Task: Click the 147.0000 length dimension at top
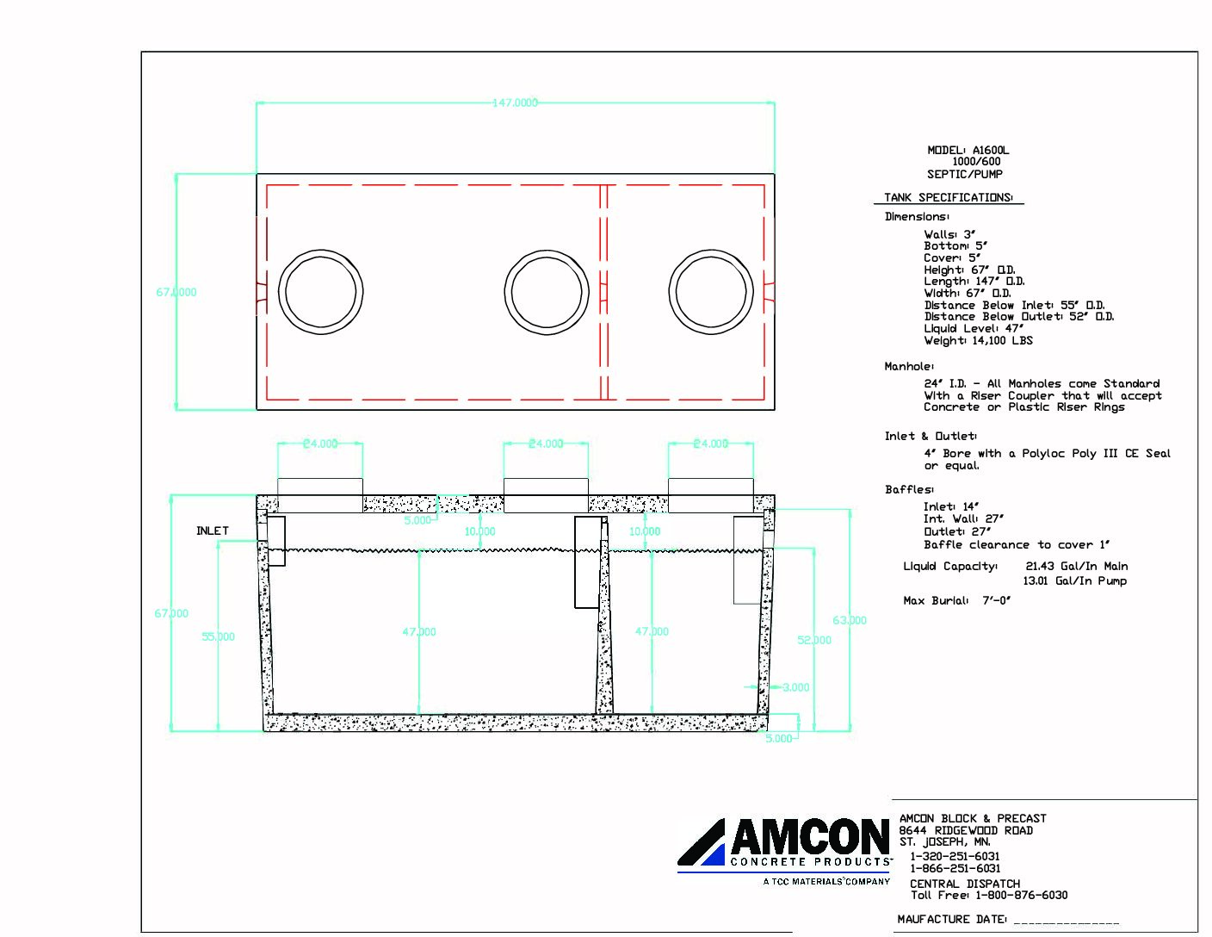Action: (x=515, y=102)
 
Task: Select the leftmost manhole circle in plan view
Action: (x=320, y=292)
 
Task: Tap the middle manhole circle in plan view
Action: (x=547, y=292)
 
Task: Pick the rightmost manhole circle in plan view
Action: (x=711, y=292)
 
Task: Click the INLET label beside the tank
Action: (x=213, y=531)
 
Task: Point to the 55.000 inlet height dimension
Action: (x=218, y=636)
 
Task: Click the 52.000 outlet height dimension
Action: (x=814, y=640)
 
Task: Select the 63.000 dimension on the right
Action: (x=850, y=620)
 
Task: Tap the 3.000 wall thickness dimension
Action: (x=795, y=687)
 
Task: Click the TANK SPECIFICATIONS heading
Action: (x=949, y=197)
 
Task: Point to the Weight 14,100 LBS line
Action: (x=978, y=340)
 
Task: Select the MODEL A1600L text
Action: (x=968, y=150)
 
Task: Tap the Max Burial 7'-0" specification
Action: (x=956, y=600)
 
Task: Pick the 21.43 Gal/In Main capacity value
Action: (x=1076, y=566)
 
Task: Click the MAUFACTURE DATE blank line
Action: (x=1067, y=920)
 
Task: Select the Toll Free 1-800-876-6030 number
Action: (x=989, y=895)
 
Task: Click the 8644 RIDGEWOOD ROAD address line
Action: (x=966, y=830)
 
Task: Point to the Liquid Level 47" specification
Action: (x=974, y=328)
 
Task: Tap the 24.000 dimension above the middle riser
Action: (x=546, y=444)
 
